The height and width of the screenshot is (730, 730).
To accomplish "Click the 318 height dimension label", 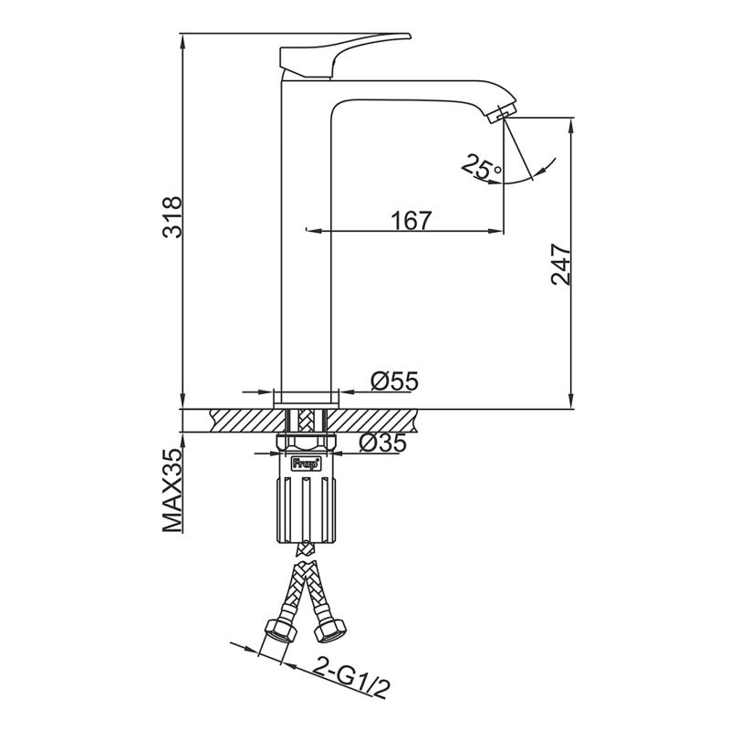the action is pos(172,217).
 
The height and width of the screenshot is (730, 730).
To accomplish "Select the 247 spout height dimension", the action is pos(560,264).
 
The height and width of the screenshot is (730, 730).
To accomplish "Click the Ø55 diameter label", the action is pos(394,381).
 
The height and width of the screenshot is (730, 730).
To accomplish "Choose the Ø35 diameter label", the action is pos(382,443).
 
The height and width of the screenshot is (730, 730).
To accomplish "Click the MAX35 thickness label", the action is pos(172,490).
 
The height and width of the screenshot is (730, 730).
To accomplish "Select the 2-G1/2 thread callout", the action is pos(350,677).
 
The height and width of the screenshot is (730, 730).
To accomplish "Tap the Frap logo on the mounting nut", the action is pos(306,464).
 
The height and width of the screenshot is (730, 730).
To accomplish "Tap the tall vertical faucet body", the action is pos(306,242).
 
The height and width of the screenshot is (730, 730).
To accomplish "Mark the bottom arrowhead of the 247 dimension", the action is pos(572,401).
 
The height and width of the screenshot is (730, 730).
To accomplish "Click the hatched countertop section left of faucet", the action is pos(247,421).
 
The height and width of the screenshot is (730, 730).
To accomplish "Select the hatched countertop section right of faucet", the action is pos(372,421).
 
